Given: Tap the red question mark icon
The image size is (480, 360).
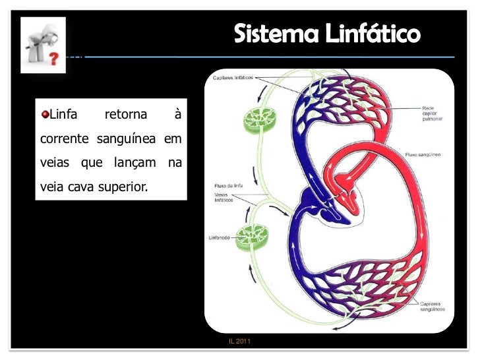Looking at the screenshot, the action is pos(51,59).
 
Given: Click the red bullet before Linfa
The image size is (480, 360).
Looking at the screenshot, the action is pos(45,116).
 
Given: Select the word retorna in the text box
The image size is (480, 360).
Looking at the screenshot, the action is pos(126,116).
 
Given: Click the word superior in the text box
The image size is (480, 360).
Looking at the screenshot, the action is pos(123,187).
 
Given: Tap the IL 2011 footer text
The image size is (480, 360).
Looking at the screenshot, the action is pos(239,342).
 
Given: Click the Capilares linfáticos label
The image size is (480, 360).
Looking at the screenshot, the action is pos(232,78).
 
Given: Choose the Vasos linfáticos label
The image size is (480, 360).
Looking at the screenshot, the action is pos(224,198).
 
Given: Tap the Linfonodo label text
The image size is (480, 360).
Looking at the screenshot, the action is pos(220,238).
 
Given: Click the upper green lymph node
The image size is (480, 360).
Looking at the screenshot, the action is pos(255,119).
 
